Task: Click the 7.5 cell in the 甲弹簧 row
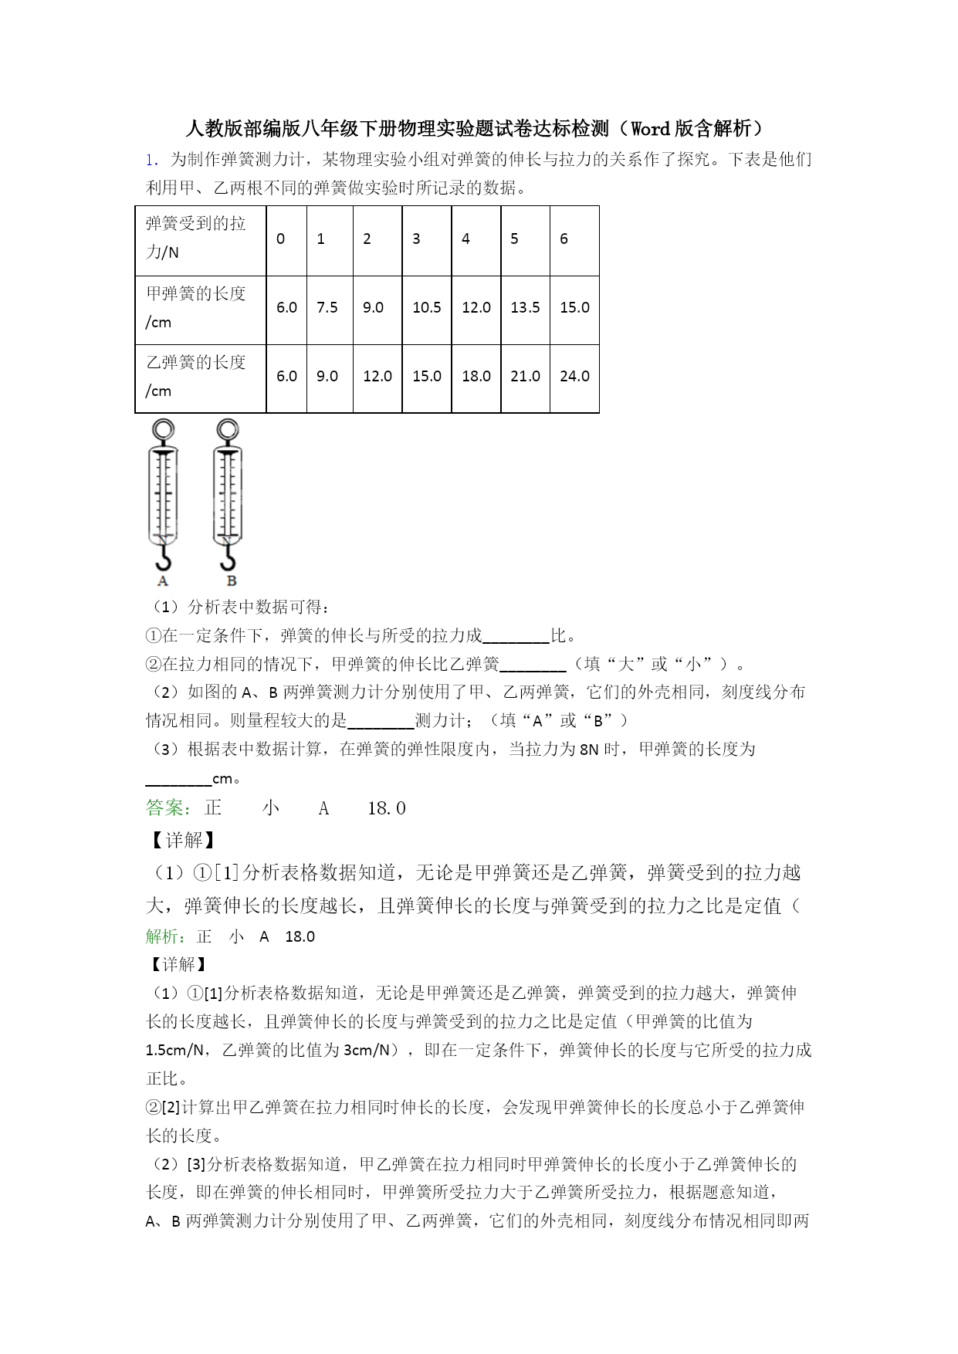327,307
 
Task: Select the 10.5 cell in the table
426,307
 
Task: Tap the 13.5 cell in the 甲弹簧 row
525,307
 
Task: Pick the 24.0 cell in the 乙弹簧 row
574,376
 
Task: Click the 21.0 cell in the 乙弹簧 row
525,376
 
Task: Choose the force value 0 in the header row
280,239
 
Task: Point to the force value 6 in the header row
564,239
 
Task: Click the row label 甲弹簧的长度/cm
196,307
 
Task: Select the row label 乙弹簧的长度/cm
196,376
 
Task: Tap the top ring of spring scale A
163,429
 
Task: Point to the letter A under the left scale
163,581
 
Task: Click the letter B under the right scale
231,581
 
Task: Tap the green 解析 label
165,936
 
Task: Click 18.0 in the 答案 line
387,808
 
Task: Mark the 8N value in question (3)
589,750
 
